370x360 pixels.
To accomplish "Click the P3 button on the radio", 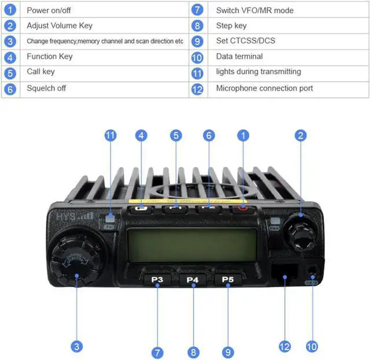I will coord(157,280).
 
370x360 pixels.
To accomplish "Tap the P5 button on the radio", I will coord(228,280).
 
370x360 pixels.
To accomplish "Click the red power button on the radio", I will coord(243,208).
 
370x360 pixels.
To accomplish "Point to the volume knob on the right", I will coord(301,231).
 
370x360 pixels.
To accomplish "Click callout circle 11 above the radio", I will coord(110,136).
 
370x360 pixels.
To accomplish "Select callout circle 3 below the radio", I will coord(76,347).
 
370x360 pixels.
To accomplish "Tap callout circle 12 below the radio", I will coord(284,347).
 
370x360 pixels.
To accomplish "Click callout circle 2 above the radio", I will coord(300,136).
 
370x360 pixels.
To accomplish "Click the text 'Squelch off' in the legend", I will coord(46,88).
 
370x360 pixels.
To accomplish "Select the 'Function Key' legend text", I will coord(50,57).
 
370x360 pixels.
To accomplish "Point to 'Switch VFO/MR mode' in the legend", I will coord(255,10).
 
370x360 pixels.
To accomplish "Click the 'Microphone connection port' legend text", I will coord(264,88).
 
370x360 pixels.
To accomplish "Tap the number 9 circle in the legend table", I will coord(198,42).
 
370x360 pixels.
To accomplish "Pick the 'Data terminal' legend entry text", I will coord(239,57).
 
